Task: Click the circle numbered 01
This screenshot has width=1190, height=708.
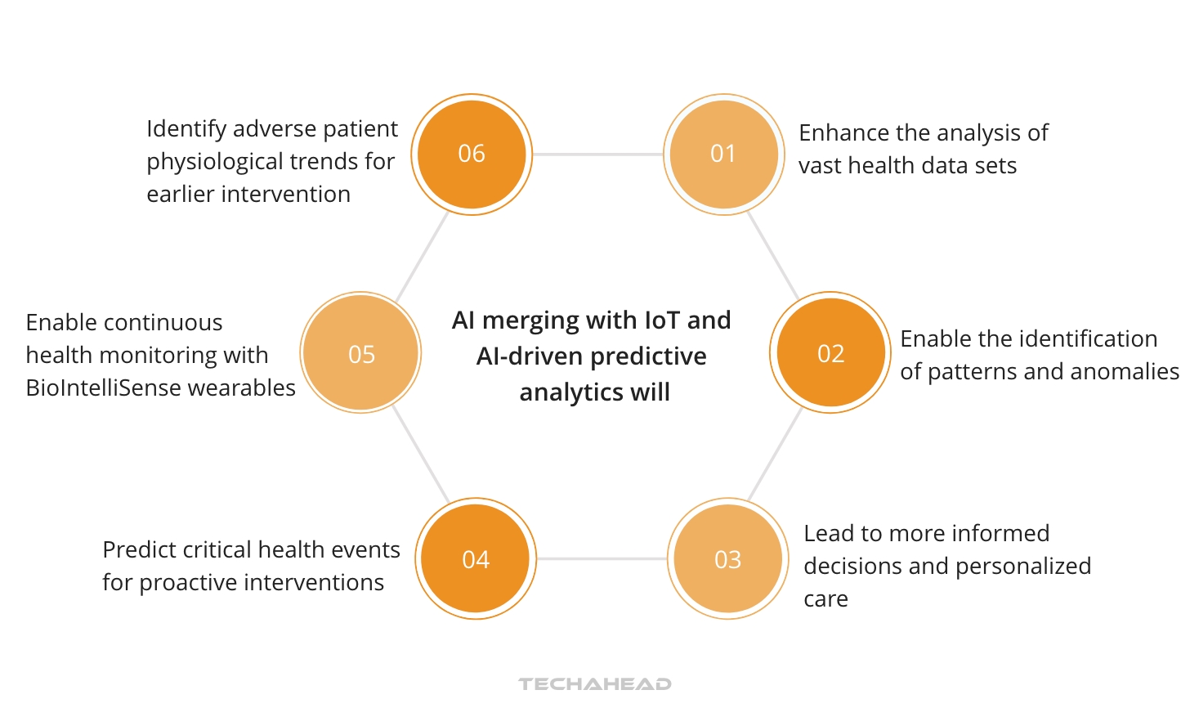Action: pos(723,154)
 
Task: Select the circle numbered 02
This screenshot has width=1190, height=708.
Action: pos(830,353)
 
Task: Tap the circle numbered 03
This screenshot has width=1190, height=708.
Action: pos(727,559)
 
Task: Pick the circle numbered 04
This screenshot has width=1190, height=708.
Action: pos(475,559)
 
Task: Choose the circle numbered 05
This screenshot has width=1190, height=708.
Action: pos(360,353)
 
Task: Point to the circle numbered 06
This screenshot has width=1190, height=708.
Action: pos(472,154)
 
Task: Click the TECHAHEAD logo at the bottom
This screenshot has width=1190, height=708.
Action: pos(595,683)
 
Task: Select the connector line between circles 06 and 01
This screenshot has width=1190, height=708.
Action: pos(597,154)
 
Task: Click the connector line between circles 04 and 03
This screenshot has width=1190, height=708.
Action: pos(602,559)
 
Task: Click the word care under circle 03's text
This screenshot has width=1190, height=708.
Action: pos(825,599)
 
